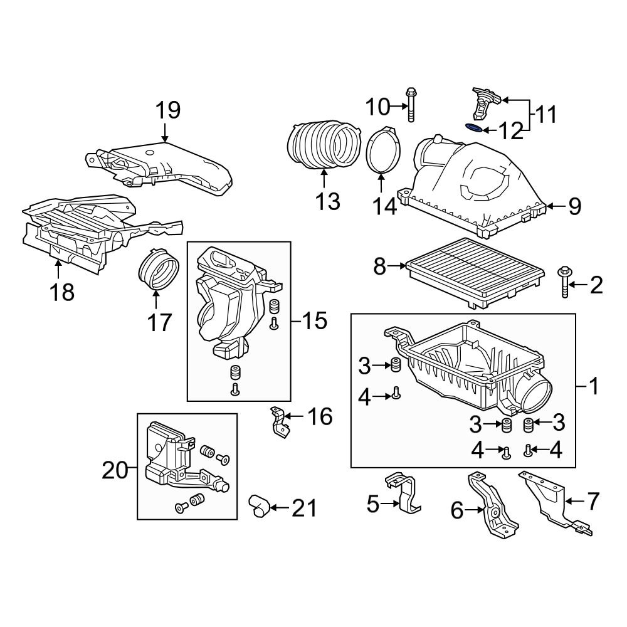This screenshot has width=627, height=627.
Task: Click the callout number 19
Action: pyautogui.click(x=168, y=110)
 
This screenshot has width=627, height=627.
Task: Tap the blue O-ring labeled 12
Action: pyautogui.click(x=475, y=129)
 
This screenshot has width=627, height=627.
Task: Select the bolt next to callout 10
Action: pyautogui.click(x=411, y=107)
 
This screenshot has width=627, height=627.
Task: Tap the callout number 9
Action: pyautogui.click(x=574, y=207)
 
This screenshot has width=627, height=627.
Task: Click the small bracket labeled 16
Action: pyautogui.click(x=279, y=423)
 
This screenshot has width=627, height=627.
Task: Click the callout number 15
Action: pyautogui.click(x=313, y=322)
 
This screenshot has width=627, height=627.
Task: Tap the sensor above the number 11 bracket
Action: pyautogui.click(x=484, y=103)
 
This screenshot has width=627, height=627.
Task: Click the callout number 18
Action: pyautogui.click(x=63, y=292)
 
